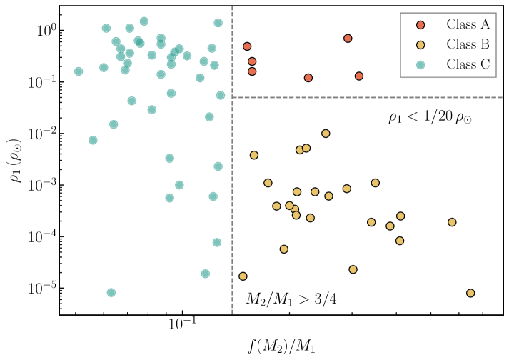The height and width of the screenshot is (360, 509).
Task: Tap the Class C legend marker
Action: click(421, 64)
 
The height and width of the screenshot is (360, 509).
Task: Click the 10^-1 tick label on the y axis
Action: click(41, 82)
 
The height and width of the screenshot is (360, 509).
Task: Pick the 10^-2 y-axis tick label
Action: click(41, 134)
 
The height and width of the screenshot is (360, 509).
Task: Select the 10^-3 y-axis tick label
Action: click(41, 185)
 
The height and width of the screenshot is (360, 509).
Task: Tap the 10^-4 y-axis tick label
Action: click(41, 236)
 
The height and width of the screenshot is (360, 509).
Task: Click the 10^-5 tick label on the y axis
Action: click(41, 288)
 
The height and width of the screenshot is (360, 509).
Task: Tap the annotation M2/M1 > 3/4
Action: click(291, 299)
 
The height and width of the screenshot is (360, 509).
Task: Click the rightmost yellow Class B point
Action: click(470, 293)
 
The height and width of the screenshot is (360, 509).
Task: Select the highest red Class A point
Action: click(348, 39)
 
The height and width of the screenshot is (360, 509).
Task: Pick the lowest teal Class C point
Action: click(111, 292)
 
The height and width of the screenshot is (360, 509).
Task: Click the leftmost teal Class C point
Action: click(79, 71)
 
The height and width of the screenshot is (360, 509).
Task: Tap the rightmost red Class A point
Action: click(359, 76)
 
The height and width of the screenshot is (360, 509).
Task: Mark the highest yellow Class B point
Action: click(326, 134)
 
